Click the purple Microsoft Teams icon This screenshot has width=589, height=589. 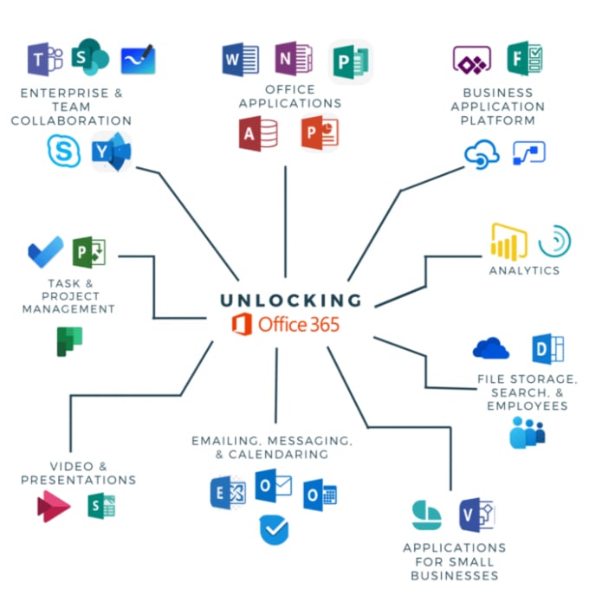point(45,59)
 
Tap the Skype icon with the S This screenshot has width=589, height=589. point(64,151)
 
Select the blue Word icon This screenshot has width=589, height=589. point(241,60)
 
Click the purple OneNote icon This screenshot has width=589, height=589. point(294,58)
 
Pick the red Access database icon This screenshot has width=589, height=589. point(258,133)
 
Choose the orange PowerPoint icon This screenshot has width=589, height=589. point(320,133)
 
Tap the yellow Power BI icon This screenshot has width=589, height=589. point(508,242)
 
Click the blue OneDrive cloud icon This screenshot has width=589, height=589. point(490,348)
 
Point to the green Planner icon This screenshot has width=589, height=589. point(69,341)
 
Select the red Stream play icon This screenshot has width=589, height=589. point(54,506)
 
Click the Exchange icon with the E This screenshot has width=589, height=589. point(228,492)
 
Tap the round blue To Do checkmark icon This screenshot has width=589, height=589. point(275,530)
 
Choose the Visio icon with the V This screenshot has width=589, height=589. point(477,515)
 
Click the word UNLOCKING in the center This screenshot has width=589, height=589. point(291,301)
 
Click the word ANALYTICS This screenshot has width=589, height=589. point(524,270)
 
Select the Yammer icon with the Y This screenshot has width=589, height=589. point(112,152)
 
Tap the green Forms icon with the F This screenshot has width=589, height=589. point(525,58)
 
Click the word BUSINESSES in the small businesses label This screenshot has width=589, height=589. point(455,575)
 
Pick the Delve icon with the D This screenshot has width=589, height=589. point(548,349)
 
